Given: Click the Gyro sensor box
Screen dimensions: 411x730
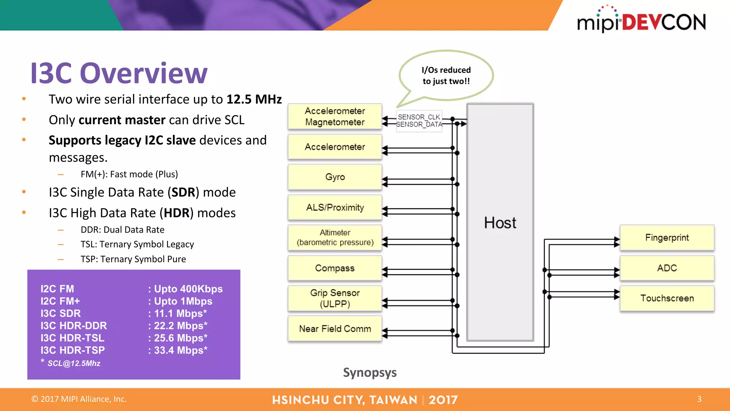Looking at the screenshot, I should [x=335, y=177].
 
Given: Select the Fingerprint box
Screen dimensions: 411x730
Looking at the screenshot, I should [x=667, y=238].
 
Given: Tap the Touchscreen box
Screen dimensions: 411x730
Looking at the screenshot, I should [x=667, y=298].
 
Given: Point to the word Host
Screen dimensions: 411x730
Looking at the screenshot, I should [x=500, y=223].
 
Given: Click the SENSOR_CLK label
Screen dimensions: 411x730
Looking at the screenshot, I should [x=419, y=117].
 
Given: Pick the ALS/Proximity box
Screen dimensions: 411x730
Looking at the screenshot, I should [x=335, y=207].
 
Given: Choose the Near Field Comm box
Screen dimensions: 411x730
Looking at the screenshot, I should [x=335, y=329].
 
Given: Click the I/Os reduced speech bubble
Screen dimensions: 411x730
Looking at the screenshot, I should [x=446, y=75].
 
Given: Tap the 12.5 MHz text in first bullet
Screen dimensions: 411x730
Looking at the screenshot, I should [x=254, y=99].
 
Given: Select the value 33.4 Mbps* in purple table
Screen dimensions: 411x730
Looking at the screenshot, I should [x=180, y=350].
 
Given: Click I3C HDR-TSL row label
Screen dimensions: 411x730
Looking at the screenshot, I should [x=72, y=338].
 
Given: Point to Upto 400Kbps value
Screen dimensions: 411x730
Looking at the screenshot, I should [x=188, y=289].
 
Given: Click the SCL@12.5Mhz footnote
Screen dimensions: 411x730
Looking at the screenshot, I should [x=74, y=363].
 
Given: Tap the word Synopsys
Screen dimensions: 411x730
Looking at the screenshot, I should [x=370, y=372].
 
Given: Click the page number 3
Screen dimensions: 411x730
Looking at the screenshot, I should [x=699, y=399].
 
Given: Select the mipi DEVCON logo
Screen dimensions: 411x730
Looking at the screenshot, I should [x=641, y=21].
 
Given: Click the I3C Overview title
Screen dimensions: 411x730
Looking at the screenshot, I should [x=119, y=73].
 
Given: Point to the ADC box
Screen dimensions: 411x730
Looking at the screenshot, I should [x=667, y=268].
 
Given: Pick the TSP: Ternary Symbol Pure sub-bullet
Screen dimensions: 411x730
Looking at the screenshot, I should [x=133, y=259].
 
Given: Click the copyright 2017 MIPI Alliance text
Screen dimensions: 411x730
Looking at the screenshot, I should [x=79, y=399].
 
